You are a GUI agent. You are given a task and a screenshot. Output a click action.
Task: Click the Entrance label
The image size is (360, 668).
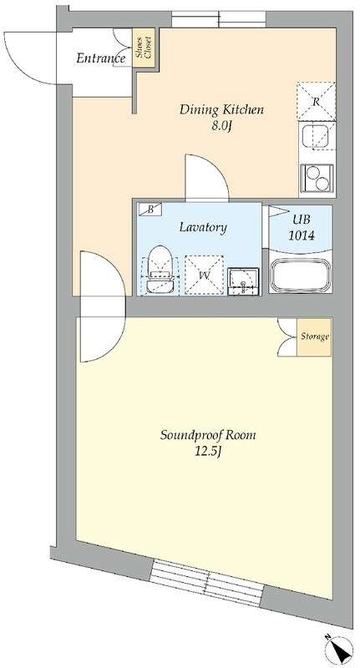[x=100, y=58]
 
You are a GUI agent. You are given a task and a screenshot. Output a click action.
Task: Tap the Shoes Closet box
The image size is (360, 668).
[x=144, y=48]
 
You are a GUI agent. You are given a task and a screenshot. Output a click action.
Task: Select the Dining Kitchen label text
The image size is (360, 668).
[x=221, y=110]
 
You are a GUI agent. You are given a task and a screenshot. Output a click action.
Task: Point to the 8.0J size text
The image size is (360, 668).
[x=221, y=126]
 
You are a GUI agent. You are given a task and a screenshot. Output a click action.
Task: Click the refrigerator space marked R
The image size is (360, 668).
[x=316, y=101]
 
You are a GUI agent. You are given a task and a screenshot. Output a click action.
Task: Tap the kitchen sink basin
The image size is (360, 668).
[x=315, y=136]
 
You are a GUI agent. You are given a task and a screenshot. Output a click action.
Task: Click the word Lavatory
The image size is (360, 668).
[x=203, y=227]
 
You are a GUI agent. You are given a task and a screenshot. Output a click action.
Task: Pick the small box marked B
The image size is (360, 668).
[x=150, y=210]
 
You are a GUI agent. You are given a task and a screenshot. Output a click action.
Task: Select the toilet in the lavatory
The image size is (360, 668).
[x=160, y=269]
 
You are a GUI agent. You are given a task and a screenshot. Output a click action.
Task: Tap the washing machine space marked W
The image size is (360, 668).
[x=204, y=275]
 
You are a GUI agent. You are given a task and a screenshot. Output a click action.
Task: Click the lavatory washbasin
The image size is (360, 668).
[x=243, y=281]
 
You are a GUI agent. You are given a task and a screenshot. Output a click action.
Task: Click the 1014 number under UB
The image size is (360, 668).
[x=302, y=235]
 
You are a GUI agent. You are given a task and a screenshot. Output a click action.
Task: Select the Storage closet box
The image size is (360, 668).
[x=314, y=337]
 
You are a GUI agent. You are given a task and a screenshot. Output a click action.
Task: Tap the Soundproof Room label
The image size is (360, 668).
[x=208, y=435]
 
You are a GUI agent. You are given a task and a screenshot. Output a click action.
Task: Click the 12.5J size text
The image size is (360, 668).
[x=208, y=452]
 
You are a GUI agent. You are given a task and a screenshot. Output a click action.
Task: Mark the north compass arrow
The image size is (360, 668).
[x=340, y=649]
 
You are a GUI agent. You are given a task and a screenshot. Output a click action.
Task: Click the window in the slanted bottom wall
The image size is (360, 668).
[x=207, y=582]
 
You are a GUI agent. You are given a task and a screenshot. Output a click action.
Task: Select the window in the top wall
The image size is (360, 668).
[x=219, y=19]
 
